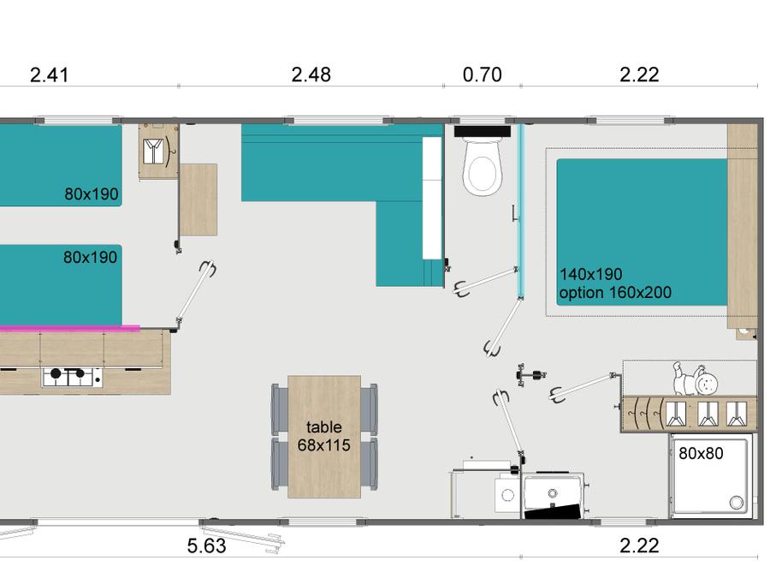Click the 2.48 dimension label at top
(311, 74)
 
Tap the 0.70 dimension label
(483, 74)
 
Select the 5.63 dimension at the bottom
(207, 545)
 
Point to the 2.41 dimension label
(49, 74)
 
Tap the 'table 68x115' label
(324, 436)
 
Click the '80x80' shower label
(701, 453)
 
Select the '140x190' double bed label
(590, 274)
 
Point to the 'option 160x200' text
(615, 293)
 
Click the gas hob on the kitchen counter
(72, 377)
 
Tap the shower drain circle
(736, 503)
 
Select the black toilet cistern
(483, 131)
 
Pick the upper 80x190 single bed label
(92, 194)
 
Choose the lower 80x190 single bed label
(91, 257)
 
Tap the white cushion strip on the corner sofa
(432, 198)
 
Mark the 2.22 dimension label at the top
(639, 74)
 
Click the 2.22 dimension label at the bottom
(639, 545)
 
